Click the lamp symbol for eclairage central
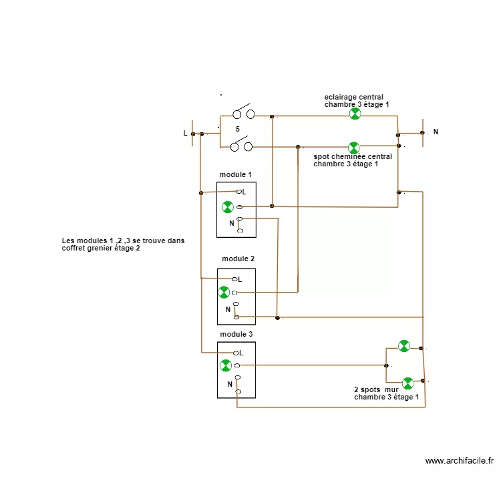coord(355,114)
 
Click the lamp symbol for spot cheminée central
coord(353,147)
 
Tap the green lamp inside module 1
coord(228,206)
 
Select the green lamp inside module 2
coord(224,292)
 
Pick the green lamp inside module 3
coord(226,365)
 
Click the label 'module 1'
coord(236,175)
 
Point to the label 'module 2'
coord(238,259)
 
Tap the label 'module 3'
coord(236,333)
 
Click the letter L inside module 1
coord(244,192)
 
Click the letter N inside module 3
coord(230,384)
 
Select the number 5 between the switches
coord(237,129)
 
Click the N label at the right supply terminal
coord(436,132)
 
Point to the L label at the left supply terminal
coord(186,134)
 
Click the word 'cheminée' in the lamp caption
coord(347,158)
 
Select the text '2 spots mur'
coord(376,389)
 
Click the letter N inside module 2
coord(228,309)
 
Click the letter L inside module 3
coord(240,353)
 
